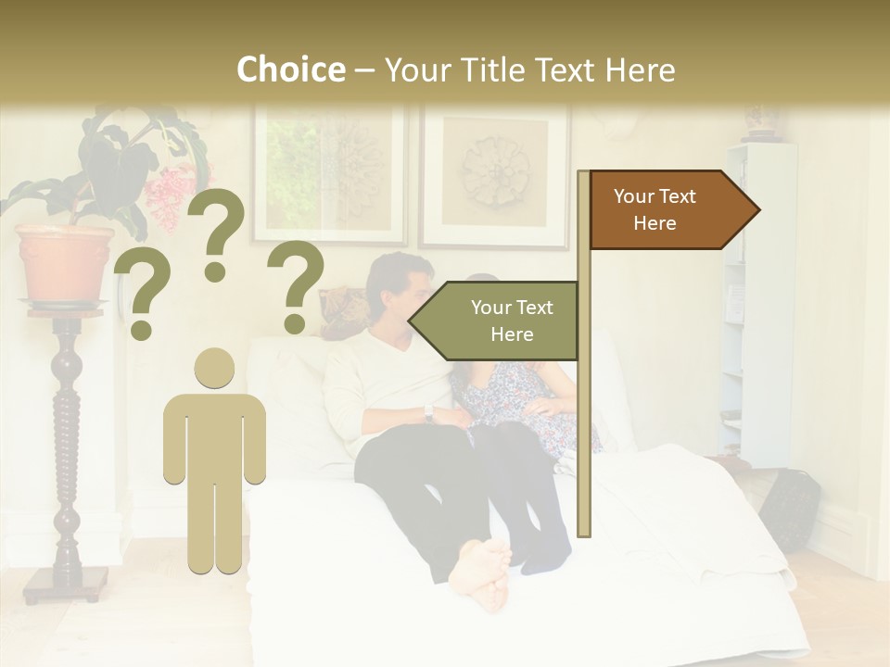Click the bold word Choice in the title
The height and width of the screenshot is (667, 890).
click(x=290, y=70)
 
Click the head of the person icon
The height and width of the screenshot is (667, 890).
click(x=215, y=370)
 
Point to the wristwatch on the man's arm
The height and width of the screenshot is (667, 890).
click(x=428, y=412)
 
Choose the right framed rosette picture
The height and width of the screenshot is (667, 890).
click(x=495, y=175)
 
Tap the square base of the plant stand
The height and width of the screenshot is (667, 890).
click(x=66, y=585)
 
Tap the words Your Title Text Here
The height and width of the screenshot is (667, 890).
click(x=529, y=70)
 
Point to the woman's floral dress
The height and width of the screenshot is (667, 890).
click(x=519, y=398)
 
